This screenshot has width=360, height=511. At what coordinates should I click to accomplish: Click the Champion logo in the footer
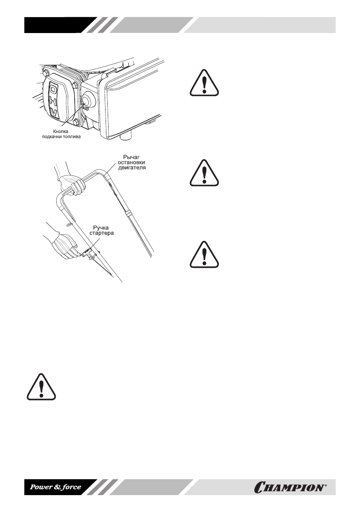pos(290,487)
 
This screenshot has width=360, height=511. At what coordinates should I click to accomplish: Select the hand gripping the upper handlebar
pos(70,185)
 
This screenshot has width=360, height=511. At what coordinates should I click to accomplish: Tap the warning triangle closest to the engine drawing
pos(204,83)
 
